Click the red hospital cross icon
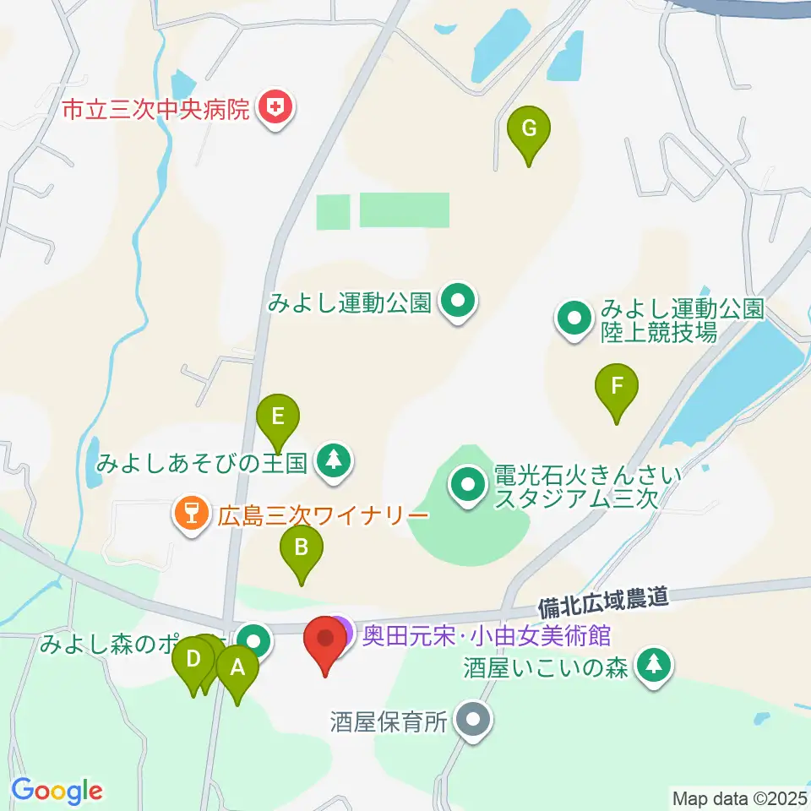tap(275, 108)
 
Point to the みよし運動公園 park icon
tap(458, 302)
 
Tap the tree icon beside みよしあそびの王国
tap(335, 462)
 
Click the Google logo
tap(57, 791)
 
